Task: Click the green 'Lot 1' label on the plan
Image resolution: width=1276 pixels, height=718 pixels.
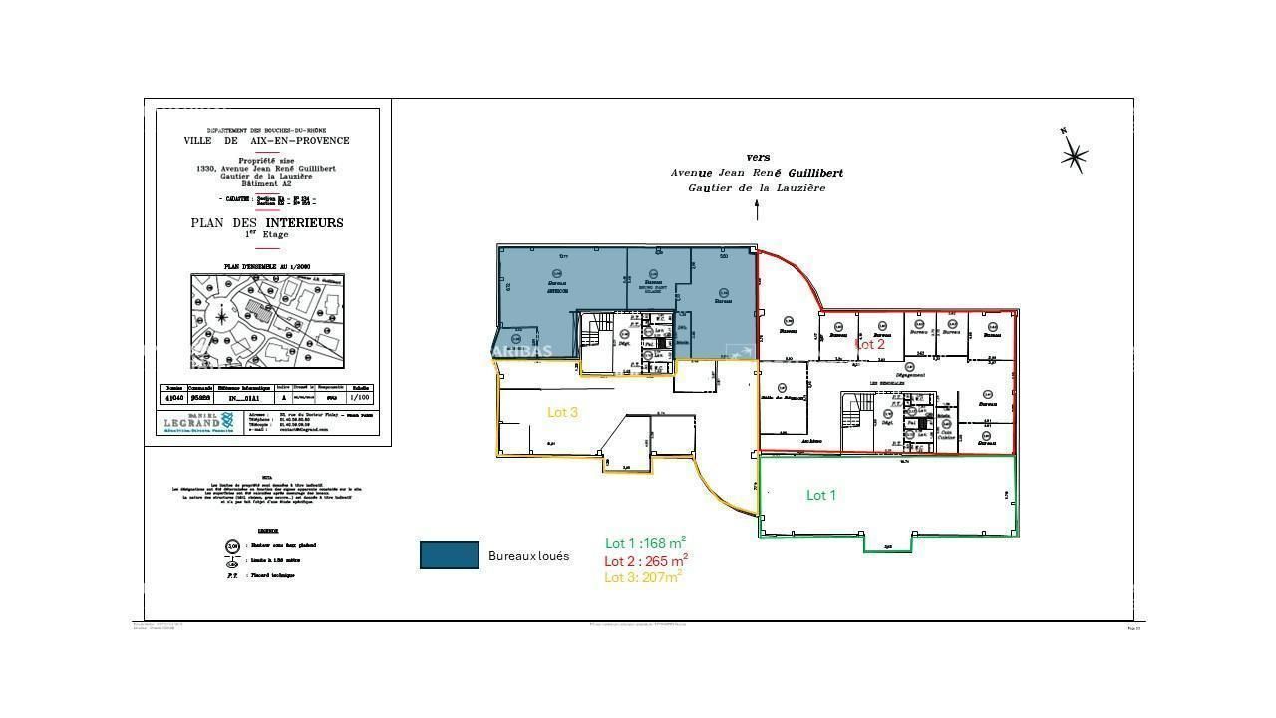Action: tap(820, 495)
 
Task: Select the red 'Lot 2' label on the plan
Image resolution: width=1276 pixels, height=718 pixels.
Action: tap(869, 344)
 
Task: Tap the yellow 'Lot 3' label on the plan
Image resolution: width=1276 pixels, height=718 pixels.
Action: tap(562, 412)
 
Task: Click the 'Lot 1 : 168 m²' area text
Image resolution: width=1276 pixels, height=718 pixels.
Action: tap(645, 543)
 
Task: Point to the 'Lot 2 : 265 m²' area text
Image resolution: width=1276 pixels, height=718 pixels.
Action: tap(646, 560)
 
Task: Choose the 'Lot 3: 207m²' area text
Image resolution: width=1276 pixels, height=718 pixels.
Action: tap(643, 577)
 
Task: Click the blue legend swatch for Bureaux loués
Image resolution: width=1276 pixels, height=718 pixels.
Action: tap(449, 555)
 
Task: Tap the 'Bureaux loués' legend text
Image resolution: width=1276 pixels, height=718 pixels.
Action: tap(528, 556)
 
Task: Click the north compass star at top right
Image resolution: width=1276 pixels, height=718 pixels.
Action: tap(1073, 155)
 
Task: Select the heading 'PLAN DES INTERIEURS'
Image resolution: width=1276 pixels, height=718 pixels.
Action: tap(267, 223)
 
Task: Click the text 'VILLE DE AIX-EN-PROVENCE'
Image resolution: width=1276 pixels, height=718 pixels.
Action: tap(267, 141)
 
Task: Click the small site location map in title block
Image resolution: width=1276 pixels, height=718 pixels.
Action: tap(267, 321)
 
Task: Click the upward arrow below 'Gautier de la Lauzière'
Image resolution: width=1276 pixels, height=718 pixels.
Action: tap(757, 209)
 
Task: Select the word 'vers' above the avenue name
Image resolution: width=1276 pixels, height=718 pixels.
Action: tap(758, 158)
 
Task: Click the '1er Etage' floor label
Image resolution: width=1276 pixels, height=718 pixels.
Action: tap(267, 234)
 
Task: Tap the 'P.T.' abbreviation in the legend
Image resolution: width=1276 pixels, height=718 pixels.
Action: tap(232, 575)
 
